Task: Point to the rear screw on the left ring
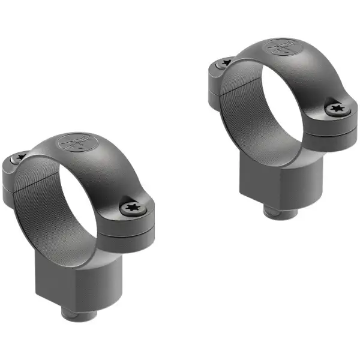point(20,157)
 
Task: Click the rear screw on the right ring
point(226,62)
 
